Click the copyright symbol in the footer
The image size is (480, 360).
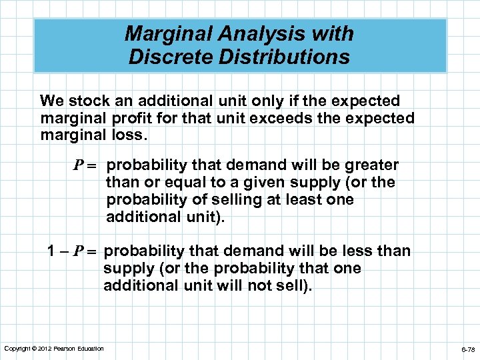[33, 349]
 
